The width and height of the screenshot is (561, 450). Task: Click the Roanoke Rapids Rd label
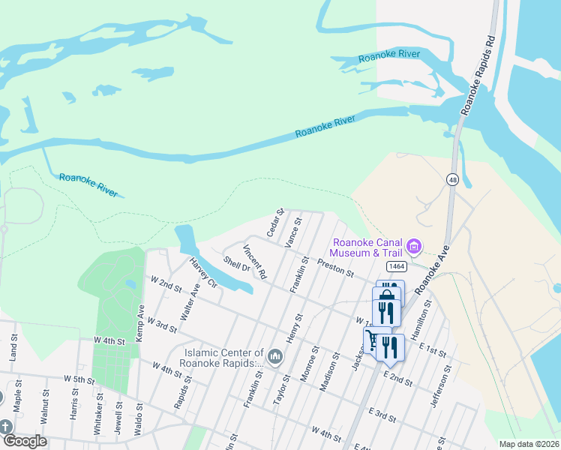tap(478, 74)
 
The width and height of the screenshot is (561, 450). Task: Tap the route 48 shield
tap(452, 180)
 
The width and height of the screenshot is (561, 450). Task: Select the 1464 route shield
tap(397, 267)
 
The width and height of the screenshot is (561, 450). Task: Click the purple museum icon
tap(412, 245)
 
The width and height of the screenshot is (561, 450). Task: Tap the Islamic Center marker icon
tap(275, 354)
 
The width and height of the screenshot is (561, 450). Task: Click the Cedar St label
tap(275, 220)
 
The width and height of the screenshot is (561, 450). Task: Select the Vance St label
tap(293, 232)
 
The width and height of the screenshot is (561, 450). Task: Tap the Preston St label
tap(335, 268)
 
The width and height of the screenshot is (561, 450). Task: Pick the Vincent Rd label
tap(254, 262)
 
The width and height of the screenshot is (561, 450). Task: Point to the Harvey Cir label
tap(202, 273)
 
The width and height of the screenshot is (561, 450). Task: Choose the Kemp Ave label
tap(140, 323)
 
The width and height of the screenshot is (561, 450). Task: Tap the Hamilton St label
tap(422, 319)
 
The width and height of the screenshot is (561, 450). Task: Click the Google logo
tap(25, 441)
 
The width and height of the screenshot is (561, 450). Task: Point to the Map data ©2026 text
tap(529, 444)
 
